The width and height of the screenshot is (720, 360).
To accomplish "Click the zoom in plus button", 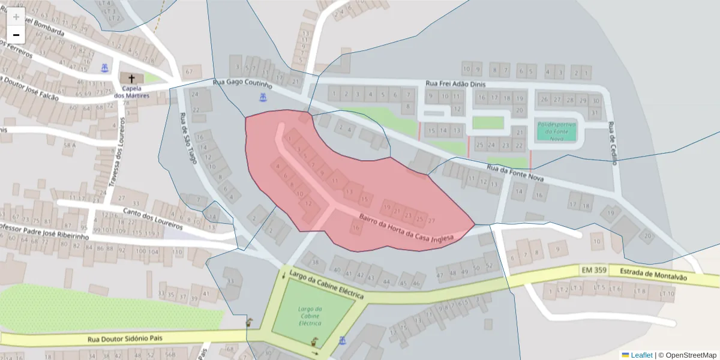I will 16,17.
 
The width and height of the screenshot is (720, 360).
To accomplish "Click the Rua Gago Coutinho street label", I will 242,83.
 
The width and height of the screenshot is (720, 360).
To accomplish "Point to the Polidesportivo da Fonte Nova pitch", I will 556,131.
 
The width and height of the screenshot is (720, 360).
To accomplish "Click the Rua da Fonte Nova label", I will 516,174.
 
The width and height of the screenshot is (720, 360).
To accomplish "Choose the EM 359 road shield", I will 593,271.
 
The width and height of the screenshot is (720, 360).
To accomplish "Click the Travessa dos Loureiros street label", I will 116,153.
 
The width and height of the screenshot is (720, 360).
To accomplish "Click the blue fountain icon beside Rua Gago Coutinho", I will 262,97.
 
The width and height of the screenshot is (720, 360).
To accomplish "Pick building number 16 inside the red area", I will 356,228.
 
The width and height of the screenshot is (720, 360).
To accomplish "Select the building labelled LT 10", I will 667,294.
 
